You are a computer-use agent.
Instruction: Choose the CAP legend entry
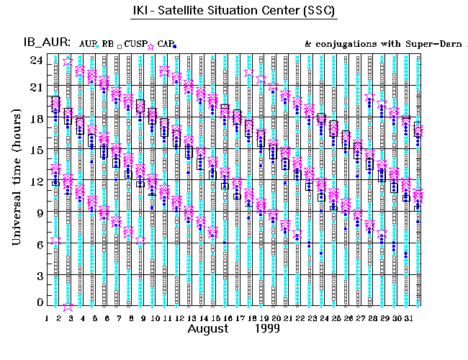(163, 45)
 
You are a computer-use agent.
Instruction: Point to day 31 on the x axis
(408, 317)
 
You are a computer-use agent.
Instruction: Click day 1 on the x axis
(47, 317)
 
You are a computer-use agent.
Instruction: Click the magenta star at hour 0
(68, 306)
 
